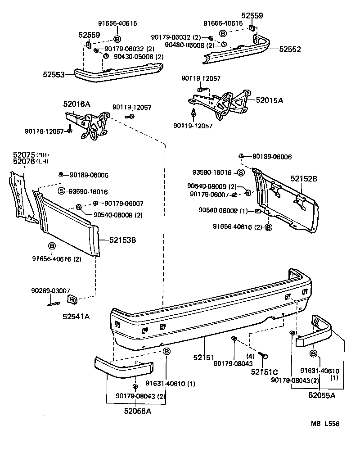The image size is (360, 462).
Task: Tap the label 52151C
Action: (x=265, y=371)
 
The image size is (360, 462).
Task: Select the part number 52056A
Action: (x=138, y=411)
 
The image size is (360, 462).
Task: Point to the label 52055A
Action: (x=322, y=395)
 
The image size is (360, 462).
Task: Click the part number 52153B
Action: (x=122, y=240)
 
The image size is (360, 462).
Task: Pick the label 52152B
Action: (x=304, y=179)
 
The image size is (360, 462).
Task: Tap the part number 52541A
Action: (x=76, y=316)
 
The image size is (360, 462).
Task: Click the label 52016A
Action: (x=77, y=104)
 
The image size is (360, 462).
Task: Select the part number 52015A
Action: (x=270, y=100)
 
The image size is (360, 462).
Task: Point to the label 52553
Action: (x=54, y=74)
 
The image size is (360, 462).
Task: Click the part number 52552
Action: (x=289, y=49)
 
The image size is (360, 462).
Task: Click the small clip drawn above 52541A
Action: (x=71, y=300)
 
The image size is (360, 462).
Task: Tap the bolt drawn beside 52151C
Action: (x=264, y=357)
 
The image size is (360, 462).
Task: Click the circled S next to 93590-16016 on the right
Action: (x=241, y=172)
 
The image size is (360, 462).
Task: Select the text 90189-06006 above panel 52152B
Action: (x=272, y=157)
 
